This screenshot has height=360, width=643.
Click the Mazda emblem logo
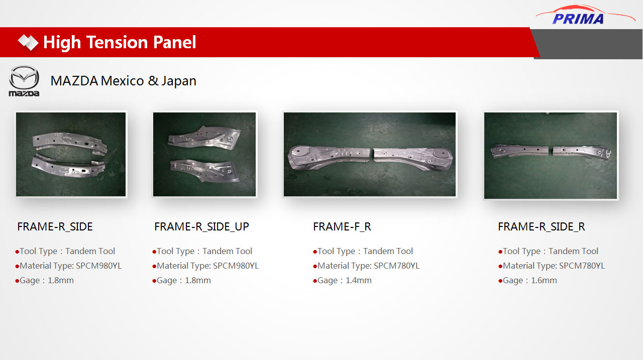pos(24,81)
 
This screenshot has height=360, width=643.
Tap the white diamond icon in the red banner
pos(28,43)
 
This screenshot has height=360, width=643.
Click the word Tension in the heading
pos(117,43)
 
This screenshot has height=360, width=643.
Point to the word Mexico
pos(122,81)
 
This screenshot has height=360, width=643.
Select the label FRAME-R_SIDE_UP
pos(201,226)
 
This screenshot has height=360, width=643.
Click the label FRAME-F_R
pos(342,226)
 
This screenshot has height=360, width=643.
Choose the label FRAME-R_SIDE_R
pos(542,226)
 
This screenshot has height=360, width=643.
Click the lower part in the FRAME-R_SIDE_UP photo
pos(204,170)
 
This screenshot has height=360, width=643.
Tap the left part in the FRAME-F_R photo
pos(329,157)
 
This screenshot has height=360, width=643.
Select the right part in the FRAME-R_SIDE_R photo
pos(582,152)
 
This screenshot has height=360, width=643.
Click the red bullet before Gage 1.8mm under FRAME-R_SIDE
pos(17,281)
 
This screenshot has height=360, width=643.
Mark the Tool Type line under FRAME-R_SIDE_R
pos(548,251)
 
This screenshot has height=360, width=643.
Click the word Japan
pos(179,81)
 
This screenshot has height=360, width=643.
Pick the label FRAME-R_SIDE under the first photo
pos(55,226)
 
